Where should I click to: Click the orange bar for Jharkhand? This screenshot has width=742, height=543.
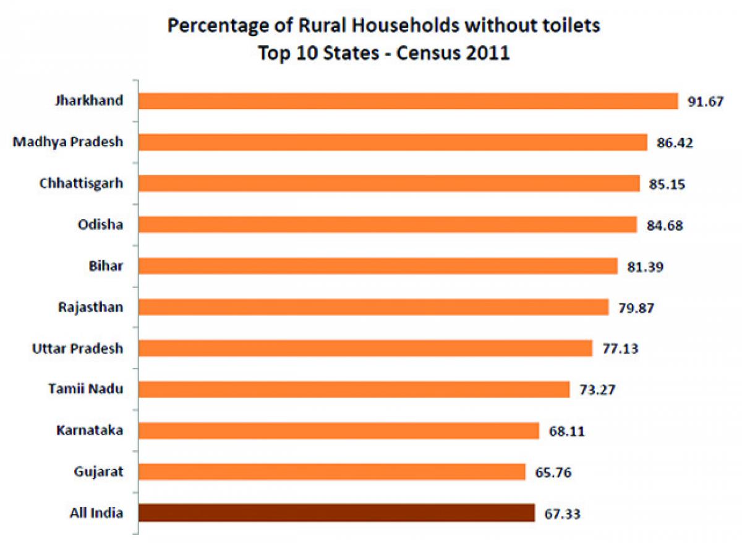[x=408, y=101]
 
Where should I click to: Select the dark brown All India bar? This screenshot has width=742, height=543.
[x=337, y=513]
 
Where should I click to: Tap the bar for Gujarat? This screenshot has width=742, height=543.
[x=332, y=472]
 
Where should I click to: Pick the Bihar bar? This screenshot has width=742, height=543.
[x=378, y=266]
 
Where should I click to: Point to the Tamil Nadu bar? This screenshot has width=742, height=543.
[x=354, y=389]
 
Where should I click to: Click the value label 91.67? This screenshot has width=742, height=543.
[x=705, y=102]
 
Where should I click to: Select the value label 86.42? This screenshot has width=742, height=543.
[x=675, y=142]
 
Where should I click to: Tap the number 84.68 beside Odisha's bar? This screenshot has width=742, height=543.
[x=664, y=225]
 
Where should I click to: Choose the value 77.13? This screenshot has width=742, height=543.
[x=620, y=349]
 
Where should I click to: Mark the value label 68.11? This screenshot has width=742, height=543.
[x=566, y=431]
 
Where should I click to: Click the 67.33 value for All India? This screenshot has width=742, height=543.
[x=562, y=513]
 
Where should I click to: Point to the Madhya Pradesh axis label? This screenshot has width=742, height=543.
[x=68, y=142]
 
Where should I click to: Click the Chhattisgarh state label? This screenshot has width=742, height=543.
[x=81, y=183]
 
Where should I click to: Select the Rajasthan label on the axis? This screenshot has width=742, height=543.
[x=90, y=307]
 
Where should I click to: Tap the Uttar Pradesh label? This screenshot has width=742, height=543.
[x=77, y=349]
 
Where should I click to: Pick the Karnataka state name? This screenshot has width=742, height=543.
[x=89, y=430]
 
